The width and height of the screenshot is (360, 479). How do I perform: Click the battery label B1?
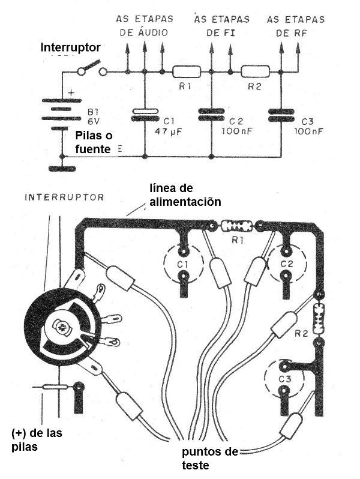92,111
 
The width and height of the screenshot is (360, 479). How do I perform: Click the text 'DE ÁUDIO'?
144,34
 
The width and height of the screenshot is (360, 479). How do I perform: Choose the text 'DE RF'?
292,34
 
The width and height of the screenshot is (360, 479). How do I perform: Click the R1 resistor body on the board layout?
235,227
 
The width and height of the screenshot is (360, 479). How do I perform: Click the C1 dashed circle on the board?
183,264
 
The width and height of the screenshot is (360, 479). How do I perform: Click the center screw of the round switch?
62,327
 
